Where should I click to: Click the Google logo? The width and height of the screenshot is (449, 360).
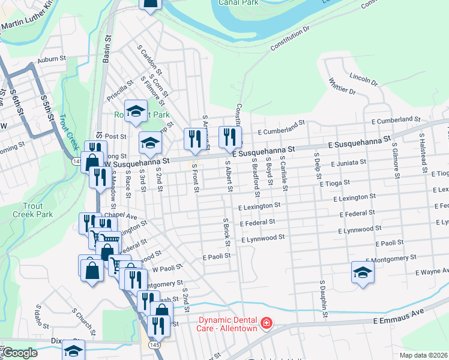(x=19, y=353)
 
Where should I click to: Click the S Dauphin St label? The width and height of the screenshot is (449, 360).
(x=324, y=298)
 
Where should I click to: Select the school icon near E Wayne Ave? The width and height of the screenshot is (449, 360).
(x=363, y=274)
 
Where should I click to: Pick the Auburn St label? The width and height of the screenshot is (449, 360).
(x=50, y=60)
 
